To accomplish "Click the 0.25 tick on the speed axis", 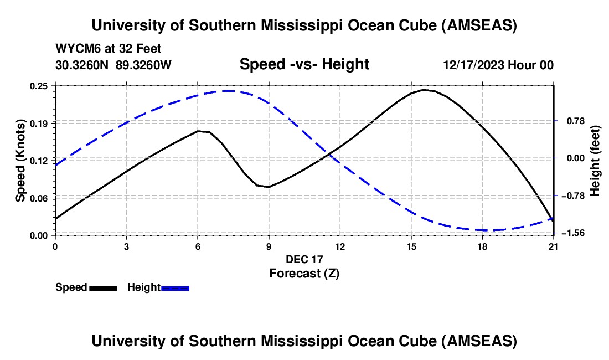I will (x=42, y=86).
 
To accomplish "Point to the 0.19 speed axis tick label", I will (x=42, y=123).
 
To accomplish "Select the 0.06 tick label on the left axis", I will (x=42, y=198).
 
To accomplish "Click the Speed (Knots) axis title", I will (x=20, y=161).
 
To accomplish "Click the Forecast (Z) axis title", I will (x=304, y=273).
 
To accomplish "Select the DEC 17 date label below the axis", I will (x=304, y=259).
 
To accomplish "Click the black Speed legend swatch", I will (x=103, y=287).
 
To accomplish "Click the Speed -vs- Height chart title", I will (x=304, y=64).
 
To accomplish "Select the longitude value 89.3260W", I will (x=143, y=65).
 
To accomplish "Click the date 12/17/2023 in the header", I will (x=473, y=65).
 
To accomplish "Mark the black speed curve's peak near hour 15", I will (x=424, y=89).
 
